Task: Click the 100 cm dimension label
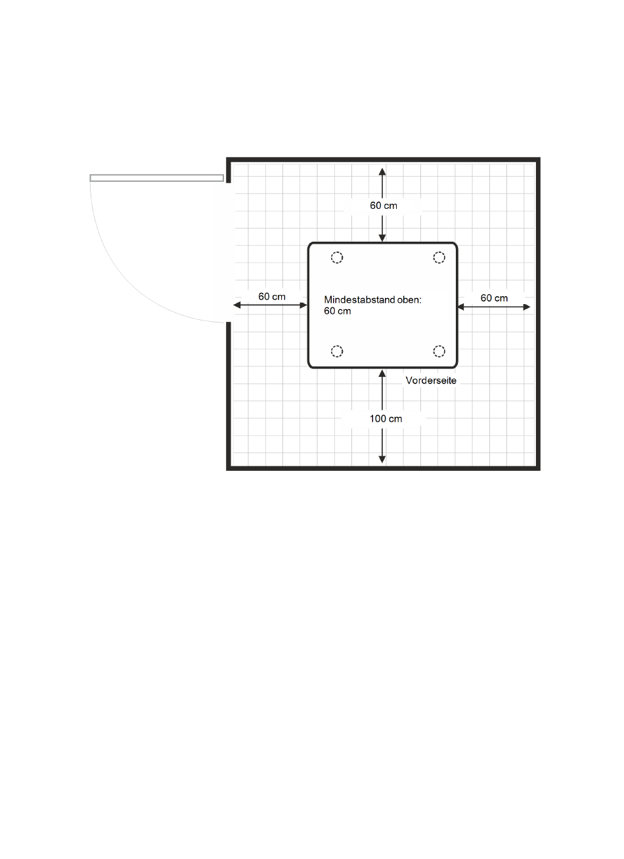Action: [x=386, y=418]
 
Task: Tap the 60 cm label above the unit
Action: [x=384, y=206]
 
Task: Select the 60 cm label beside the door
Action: [x=271, y=296]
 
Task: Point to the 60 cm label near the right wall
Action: [x=494, y=298]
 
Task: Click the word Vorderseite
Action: [x=431, y=380]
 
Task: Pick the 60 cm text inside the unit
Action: [x=337, y=311]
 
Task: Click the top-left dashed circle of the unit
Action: [x=336, y=258]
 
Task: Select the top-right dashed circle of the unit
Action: [x=439, y=257]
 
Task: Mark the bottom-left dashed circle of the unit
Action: [x=336, y=351]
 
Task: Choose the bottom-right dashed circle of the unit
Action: [x=439, y=351]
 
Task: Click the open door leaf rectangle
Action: [x=156, y=178]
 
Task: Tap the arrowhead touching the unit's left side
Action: [x=303, y=305]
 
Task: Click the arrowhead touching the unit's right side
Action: [x=461, y=306]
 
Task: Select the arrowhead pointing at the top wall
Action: [x=382, y=171]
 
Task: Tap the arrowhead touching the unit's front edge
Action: [x=382, y=373]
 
